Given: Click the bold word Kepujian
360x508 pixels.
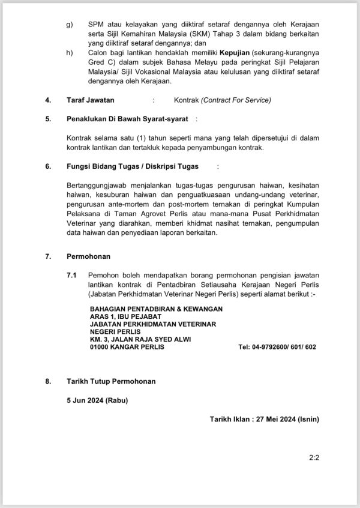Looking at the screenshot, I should (x=220, y=53).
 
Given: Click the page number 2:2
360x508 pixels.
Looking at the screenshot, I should (x=313, y=457).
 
